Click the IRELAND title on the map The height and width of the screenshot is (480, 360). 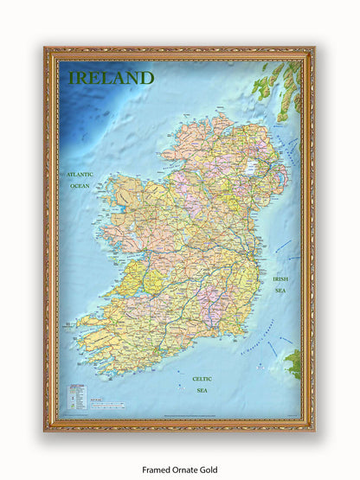[111, 78]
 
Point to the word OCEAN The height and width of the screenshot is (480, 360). [80, 185]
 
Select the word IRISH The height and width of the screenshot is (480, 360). [280, 278]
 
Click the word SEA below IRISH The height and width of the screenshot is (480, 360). [280, 291]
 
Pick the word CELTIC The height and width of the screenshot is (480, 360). [201, 378]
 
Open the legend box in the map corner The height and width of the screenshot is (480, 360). [77, 396]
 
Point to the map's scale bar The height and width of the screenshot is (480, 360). [112, 405]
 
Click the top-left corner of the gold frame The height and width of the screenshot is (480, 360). [47, 50]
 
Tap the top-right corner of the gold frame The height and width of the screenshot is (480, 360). [312, 50]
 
